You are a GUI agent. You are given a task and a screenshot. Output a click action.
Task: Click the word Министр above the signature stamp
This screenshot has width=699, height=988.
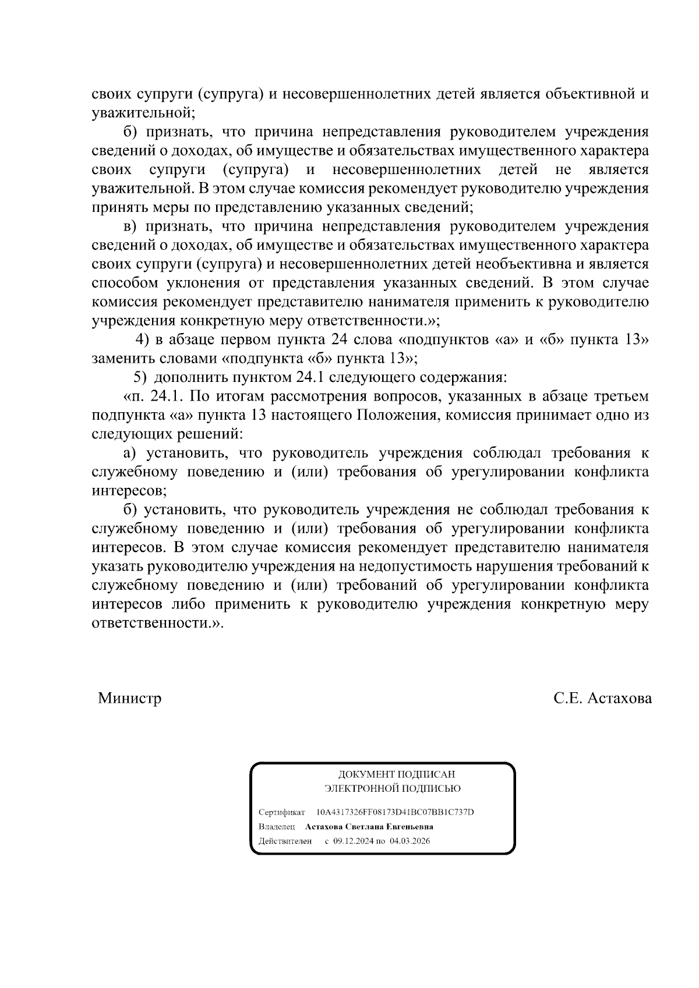click(x=129, y=698)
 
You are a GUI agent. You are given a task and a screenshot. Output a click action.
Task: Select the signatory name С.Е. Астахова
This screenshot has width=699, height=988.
click(x=603, y=698)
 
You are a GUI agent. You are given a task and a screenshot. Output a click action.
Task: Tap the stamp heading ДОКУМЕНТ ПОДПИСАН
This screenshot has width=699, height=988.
click(x=397, y=774)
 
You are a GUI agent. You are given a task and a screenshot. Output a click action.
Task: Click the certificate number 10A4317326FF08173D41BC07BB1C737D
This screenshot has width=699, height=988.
click(x=395, y=812)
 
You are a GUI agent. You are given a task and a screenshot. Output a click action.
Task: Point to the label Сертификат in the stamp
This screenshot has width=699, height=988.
click(x=282, y=812)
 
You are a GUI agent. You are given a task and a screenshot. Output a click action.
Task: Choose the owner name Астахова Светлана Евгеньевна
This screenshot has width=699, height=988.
click(x=369, y=827)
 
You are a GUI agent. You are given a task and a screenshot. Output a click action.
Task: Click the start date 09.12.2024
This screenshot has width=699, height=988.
click(x=352, y=841)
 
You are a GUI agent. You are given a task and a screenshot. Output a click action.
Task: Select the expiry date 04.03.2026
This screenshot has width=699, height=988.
click(x=411, y=841)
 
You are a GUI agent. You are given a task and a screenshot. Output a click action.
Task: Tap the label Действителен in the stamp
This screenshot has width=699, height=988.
click(x=285, y=841)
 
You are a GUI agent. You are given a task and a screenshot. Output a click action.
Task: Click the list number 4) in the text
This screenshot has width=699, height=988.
click(x=143, y=340)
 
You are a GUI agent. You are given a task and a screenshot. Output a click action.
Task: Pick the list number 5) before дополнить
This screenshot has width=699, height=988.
click(x=140, y=378)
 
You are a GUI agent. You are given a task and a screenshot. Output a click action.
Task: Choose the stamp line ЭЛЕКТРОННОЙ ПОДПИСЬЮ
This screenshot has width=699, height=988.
click(x=393, y=789)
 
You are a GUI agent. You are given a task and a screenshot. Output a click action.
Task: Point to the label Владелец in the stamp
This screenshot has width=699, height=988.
click(x=277, y=827)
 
